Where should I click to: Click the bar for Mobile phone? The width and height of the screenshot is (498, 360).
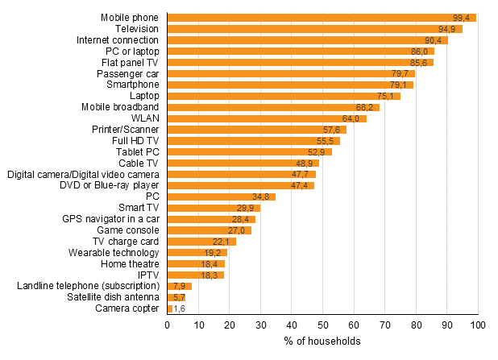322,18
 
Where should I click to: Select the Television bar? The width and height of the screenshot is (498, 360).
314,29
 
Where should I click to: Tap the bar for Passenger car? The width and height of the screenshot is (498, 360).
291,73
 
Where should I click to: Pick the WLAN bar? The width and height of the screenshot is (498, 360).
267,118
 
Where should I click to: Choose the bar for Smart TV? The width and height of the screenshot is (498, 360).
214,208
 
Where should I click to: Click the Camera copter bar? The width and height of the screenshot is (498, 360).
169,308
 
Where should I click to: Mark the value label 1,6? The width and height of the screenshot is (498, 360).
181,308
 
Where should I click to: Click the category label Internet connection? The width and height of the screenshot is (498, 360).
118,40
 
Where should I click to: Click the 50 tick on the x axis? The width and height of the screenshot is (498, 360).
322,325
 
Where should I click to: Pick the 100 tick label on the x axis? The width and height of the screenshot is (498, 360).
478,325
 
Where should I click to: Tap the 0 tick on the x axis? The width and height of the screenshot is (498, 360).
167,325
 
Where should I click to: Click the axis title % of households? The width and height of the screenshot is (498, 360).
322,341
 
